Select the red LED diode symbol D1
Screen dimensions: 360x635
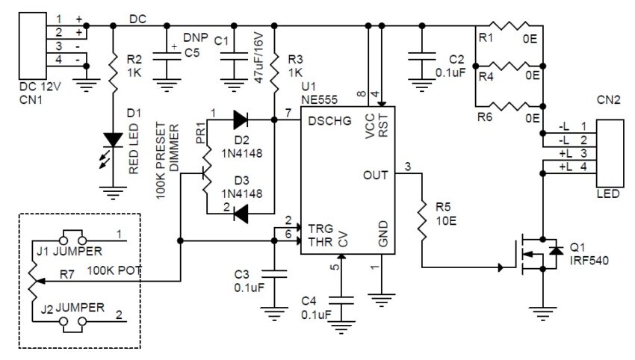(113, 140)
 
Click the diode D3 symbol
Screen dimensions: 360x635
(240, 215)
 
